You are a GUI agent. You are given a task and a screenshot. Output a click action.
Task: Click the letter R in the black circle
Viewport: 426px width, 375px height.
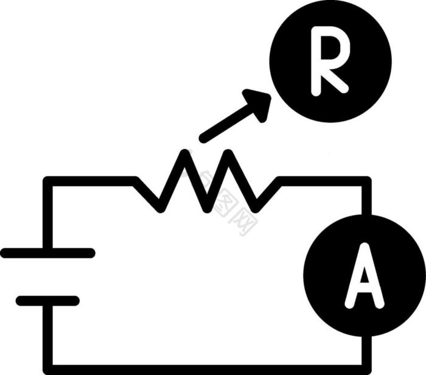329,64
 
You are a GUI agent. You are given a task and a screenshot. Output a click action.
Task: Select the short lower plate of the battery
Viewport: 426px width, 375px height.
47,300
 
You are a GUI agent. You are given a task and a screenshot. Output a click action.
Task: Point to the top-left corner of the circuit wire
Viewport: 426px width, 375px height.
48,181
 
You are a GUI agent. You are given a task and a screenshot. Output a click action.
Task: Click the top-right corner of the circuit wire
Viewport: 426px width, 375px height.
366,181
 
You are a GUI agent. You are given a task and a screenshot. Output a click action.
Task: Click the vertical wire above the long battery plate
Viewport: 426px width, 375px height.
48,216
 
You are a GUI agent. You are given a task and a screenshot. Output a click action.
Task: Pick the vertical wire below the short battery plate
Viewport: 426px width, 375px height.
48,335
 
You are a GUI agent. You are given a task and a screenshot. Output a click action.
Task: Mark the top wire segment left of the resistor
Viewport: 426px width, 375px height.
91,181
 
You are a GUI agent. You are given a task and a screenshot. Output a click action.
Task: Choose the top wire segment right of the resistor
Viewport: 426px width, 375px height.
323,181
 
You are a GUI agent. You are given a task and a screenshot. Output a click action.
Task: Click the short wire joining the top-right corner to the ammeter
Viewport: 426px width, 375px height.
366,198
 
